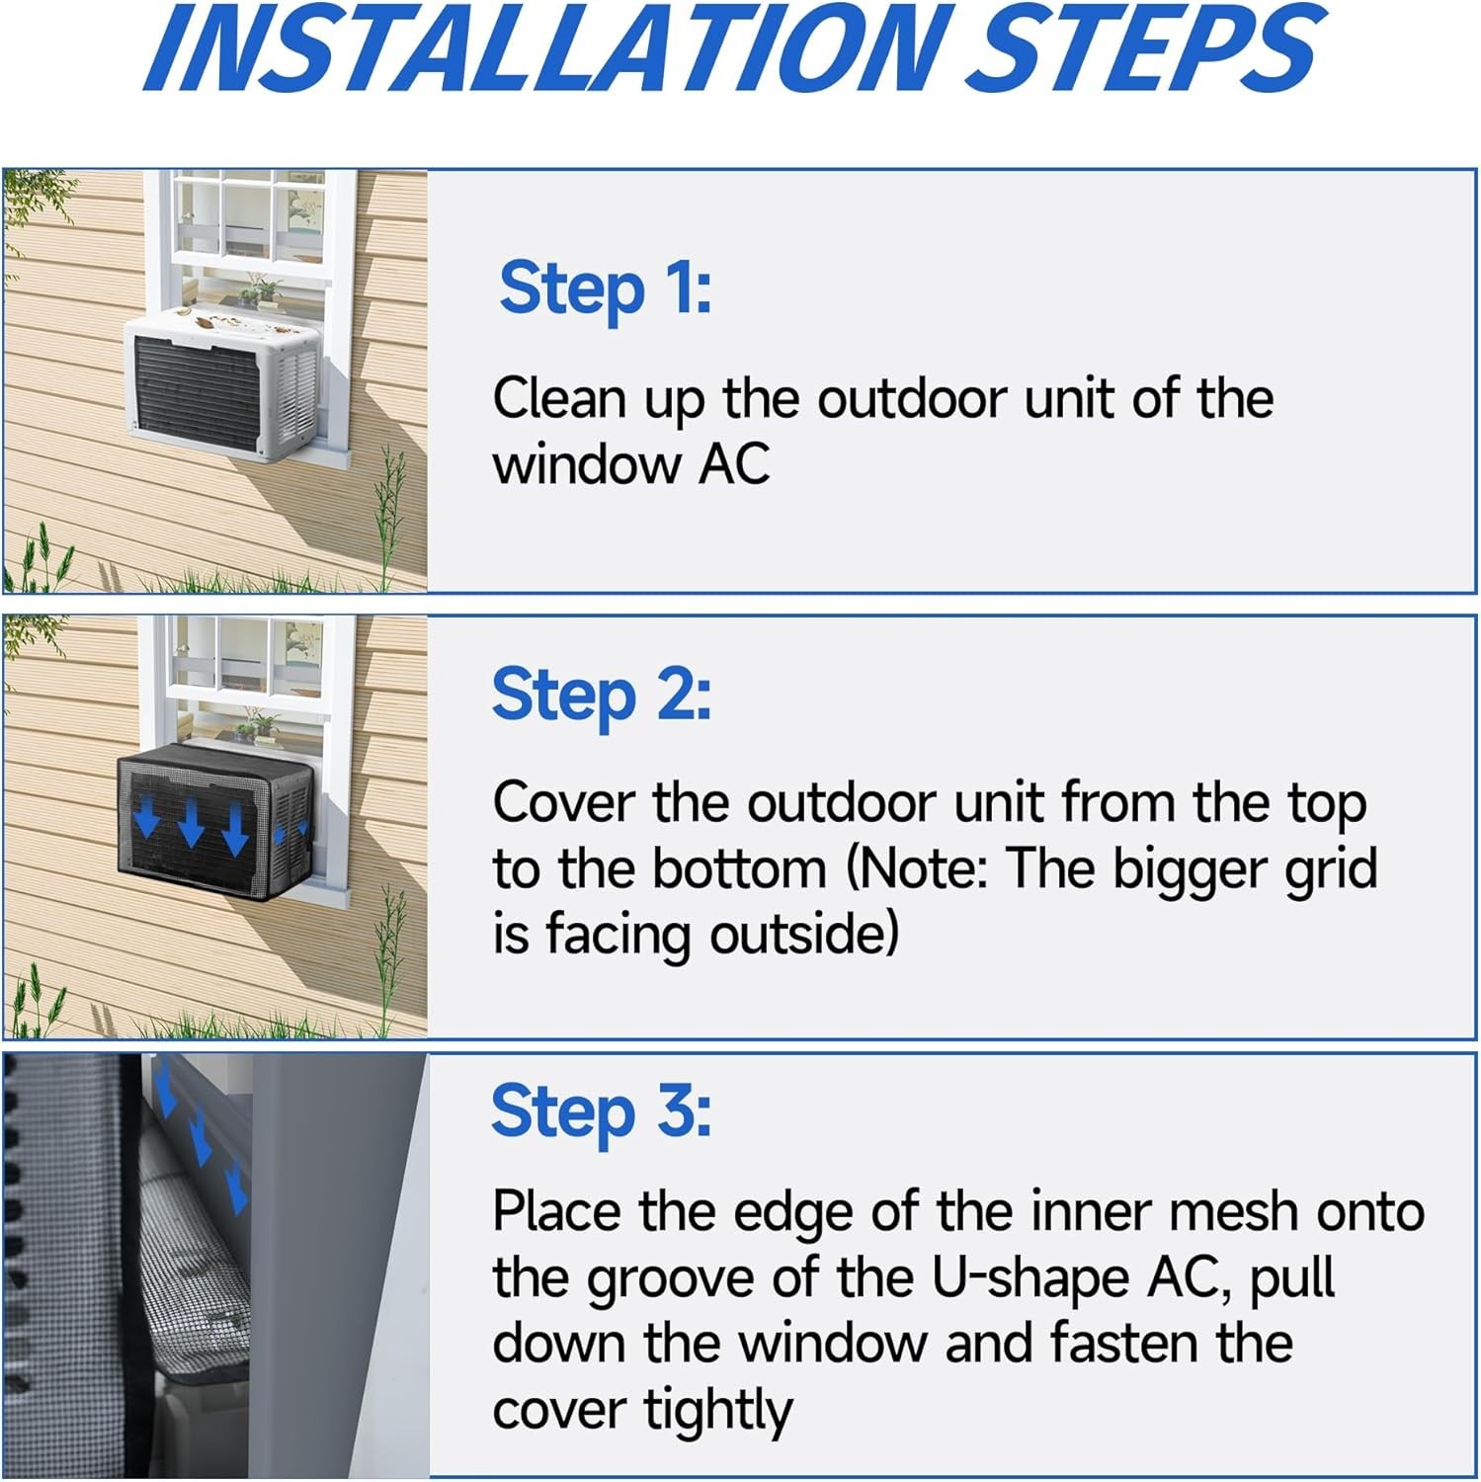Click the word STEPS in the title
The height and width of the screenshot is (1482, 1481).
click(1146, 49)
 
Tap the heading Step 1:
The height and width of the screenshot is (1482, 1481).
click(605, 289)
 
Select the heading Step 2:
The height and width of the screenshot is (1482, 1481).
click(601, 696)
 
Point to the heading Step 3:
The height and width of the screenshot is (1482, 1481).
click(601, 1112)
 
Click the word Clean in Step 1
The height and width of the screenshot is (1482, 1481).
click(559, 398)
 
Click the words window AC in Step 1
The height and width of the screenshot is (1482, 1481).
click(630, 464)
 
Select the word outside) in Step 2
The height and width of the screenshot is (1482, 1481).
click(804, 935)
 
